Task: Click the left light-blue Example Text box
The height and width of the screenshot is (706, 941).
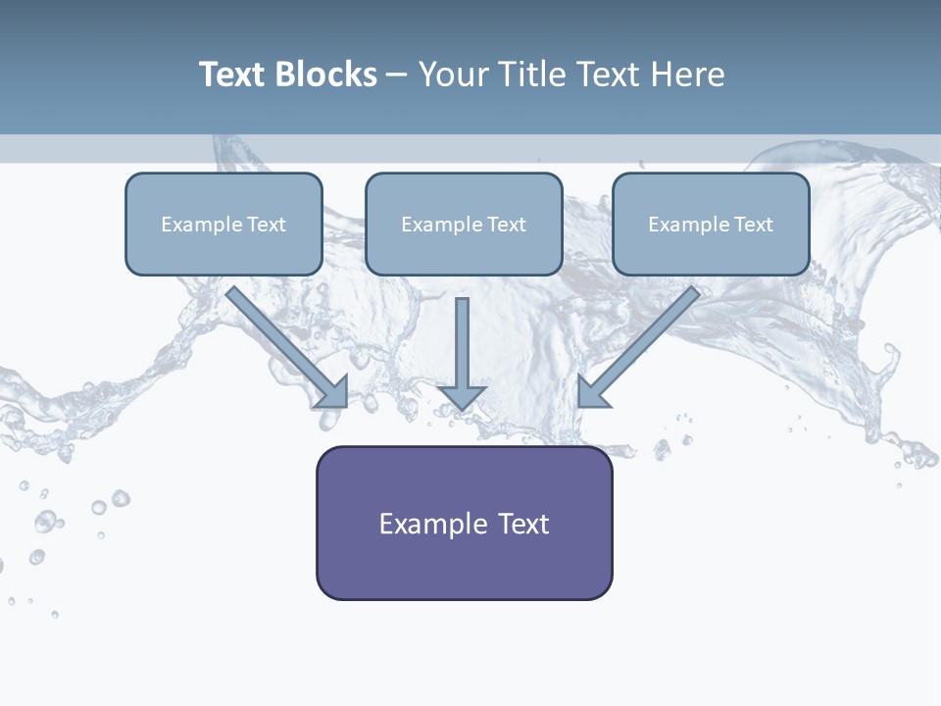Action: coord(223,224)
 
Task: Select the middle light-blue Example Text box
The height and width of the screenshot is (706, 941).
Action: coord(464,224)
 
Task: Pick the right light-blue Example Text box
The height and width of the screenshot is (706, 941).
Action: coord(711,224)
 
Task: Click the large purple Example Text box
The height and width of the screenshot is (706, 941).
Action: coord(464,523)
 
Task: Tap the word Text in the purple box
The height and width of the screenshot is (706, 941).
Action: coord(524,524)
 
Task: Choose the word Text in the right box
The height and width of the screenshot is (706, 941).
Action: coord(754,225)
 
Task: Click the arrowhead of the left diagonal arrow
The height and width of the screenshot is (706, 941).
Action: coord(333,392)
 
